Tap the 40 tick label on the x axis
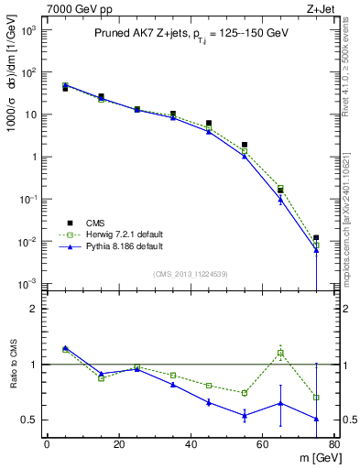(190, 445)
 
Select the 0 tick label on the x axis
(47, 445)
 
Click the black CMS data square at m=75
(316, 238)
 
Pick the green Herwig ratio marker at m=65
(280, 353)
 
